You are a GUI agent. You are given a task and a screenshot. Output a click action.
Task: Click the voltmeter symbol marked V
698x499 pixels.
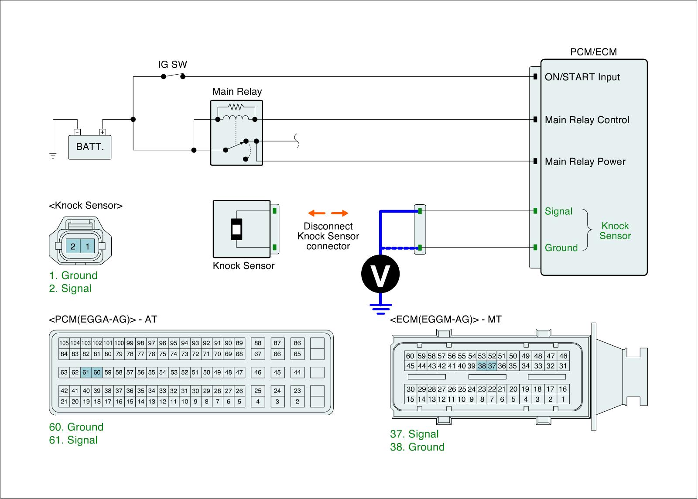[x=380, y=274]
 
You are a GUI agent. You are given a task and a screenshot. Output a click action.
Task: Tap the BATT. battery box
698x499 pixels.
[x=90, y=147]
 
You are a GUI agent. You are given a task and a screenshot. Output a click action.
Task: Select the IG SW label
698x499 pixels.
[x=172, y=65]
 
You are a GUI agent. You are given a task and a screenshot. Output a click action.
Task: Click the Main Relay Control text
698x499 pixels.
[x=587, y=120]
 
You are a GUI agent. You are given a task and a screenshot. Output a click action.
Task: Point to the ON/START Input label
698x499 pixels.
[x=582, y=77]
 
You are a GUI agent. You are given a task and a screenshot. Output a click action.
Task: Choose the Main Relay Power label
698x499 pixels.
[x=585, y=162]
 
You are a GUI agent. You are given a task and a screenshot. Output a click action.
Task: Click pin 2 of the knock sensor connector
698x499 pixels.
[x=73, y=246]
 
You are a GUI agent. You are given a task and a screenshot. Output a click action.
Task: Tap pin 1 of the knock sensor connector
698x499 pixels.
[x=87, y=246]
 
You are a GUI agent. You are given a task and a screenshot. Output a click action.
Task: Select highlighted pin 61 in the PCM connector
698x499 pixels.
[x=86, y=372]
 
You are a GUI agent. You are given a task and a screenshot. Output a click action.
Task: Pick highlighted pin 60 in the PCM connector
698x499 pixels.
[x=97, y=372]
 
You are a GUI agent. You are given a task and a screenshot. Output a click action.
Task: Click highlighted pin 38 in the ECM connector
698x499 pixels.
[x=482, y=366]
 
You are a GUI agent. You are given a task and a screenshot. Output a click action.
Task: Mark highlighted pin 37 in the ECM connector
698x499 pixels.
[x=492, y=366]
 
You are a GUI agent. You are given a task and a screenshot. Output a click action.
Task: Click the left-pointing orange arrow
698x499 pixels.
[x=316, y=213]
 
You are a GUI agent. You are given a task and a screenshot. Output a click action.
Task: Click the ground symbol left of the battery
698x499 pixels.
[x=53, y=156]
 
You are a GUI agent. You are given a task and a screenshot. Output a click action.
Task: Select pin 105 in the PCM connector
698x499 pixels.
[x=64, y=343]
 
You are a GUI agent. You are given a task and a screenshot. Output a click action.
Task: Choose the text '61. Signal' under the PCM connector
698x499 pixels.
[x=73, y=440]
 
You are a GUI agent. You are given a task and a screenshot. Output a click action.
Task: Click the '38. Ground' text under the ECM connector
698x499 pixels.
[x=417, y=447]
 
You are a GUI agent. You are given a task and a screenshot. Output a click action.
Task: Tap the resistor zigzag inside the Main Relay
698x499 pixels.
[x=236, y=107]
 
